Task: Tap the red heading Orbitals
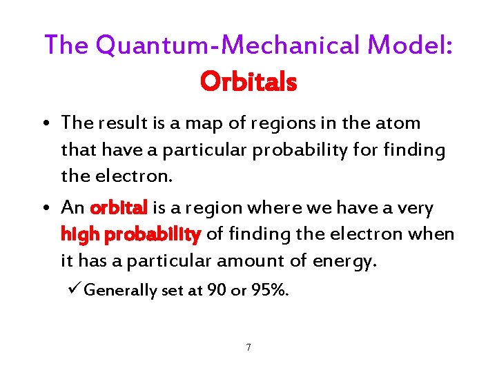coord(248,82)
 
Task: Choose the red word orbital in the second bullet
coord(119,208)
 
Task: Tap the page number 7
coord(248,347)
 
